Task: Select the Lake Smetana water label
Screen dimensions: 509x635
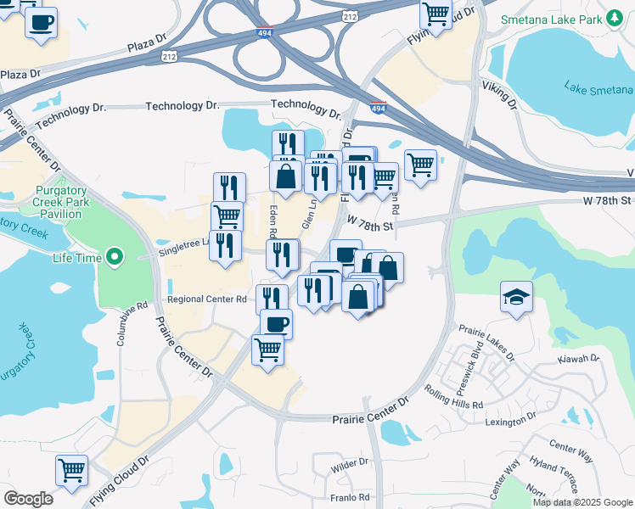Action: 598,88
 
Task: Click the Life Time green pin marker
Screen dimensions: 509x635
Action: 115,257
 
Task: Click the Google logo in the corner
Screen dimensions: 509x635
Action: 28,499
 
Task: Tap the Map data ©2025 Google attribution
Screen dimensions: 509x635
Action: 583,502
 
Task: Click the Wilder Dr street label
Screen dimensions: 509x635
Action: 350,463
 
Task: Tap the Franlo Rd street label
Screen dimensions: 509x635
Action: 351,497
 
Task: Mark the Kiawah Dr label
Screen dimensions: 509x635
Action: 577,360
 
